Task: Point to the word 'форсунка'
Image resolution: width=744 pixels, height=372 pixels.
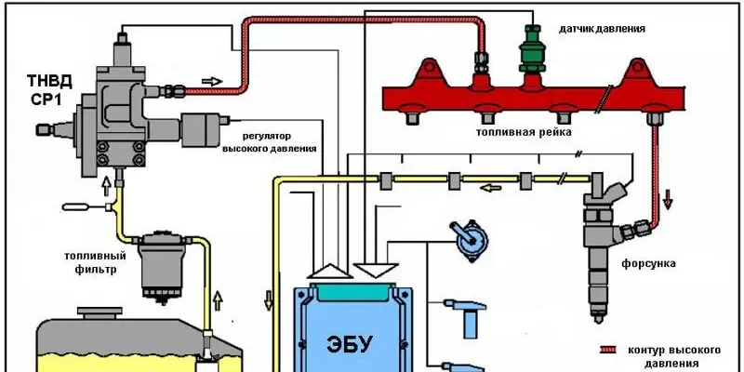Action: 649,263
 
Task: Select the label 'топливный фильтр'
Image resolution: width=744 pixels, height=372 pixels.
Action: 90,263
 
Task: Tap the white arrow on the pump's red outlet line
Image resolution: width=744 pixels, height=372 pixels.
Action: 213,81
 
